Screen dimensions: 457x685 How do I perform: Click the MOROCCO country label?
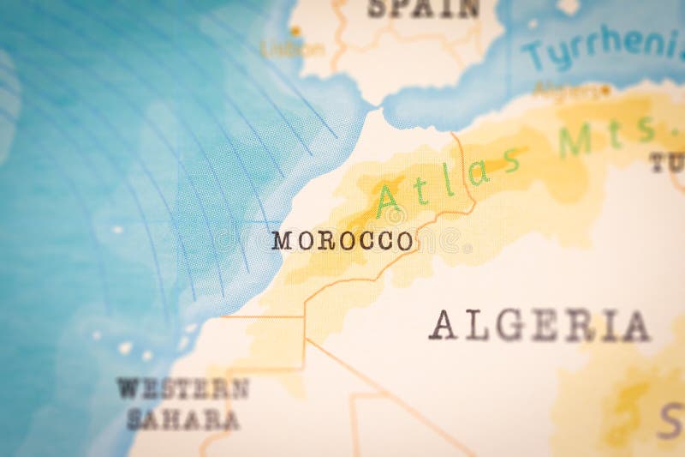tap(342, 241)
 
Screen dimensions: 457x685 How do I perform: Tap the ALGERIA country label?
tap(539, 326)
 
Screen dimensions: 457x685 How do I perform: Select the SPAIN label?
tap(424, 9)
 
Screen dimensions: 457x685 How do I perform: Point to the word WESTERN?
tap(183, 388)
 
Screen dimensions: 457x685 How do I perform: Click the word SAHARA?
tap(183, 419)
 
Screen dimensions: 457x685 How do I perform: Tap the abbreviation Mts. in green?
tap(608, 137)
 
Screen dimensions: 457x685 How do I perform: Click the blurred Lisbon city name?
tap(292, 49)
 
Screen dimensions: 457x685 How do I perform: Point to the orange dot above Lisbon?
tap(295, 32)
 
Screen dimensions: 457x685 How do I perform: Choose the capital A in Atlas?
tap(387, 201)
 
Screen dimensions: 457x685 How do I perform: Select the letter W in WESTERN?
tap(127, 388)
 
